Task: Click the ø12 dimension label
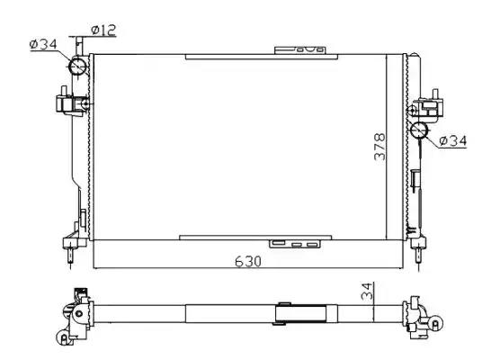[103, 30]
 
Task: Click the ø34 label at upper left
[43, 44]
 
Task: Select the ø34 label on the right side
[453, 141]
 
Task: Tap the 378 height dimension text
[379, 147]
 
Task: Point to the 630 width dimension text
[248, 261]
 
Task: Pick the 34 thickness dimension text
[367, 291]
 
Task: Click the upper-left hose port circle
[77, 66]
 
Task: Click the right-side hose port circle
[419, 130]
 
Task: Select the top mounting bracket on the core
[300, 50]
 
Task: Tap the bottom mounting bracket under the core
[295, 244]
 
